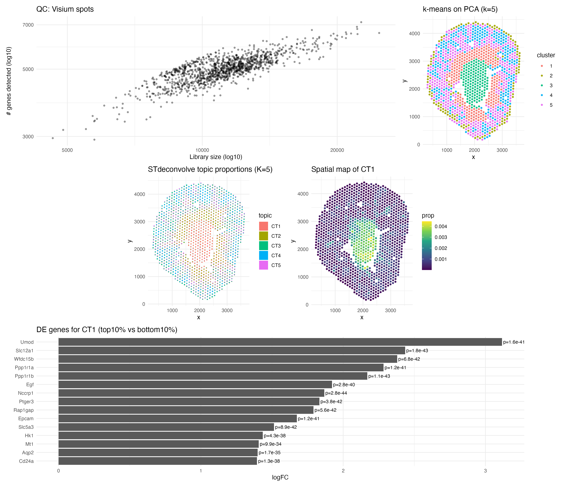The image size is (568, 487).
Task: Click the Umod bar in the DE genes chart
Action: (280, 342)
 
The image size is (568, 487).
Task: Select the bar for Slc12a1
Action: (232, 351)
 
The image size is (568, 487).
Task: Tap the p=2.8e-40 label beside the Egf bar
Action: (344, 384)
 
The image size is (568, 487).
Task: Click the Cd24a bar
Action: (158, 461)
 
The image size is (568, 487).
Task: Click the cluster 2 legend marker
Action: (542, 76)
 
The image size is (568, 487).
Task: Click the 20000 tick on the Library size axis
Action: (337, 150)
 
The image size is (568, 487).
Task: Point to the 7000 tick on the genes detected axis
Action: (28, 25)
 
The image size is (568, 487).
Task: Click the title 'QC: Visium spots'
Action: (65, 9)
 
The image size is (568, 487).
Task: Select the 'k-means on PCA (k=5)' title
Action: (460, 9)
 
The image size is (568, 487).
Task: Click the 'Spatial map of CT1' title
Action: (343, 170)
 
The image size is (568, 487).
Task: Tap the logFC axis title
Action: (280, 477)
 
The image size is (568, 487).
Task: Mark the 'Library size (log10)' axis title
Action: (216, 157)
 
